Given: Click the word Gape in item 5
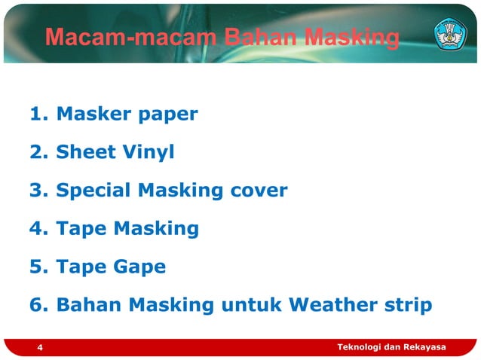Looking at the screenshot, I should [x=139, y=267].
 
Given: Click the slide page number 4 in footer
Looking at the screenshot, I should [x=40, y=348].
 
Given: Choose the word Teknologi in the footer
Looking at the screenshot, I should [x=360, y=346].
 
